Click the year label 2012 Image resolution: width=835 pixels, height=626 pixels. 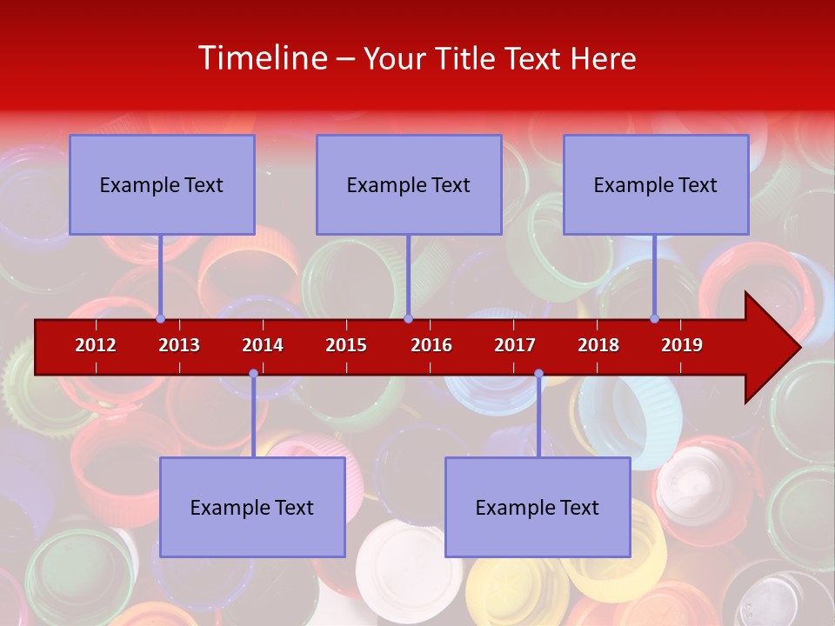(x=96, y=345)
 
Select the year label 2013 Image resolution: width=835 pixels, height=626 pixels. (x=179, y=345)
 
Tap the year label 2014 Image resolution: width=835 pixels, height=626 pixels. (x=263, y=345)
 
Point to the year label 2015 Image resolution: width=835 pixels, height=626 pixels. (x=346, y=345)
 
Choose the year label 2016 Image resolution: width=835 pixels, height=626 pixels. (x=431, y=345)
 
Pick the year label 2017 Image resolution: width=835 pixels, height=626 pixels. (x=515, y=345)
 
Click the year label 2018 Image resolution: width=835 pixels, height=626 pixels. (x=598, y=345)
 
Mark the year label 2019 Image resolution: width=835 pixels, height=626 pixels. (x=682, y=345)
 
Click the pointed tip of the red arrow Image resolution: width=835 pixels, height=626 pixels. (x=798, y=347)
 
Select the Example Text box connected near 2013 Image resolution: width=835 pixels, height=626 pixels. (x=162, y=184)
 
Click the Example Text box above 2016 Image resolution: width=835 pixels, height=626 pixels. (x=409, y=184)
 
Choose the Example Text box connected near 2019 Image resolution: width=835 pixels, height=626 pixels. (x=656, y=184)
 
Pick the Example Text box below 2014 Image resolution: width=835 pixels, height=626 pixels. (x=252, y=507)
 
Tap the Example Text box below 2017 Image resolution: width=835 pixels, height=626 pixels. (x=538, y=507)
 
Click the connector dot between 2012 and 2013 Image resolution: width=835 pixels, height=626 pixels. (x=161, y=318)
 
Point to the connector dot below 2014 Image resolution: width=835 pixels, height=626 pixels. (x=253, y=374)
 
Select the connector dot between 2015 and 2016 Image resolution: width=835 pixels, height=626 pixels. (x=408, y=318)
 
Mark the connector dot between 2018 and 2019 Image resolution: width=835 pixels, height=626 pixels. (x=654, y=318)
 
